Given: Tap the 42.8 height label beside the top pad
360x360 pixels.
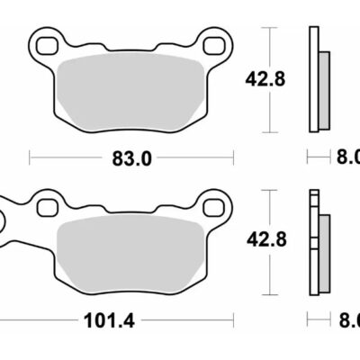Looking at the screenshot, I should tap(266, 78).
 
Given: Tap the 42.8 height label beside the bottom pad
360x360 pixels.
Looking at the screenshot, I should tap(266, 239).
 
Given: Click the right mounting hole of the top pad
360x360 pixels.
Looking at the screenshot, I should tap(213, 42).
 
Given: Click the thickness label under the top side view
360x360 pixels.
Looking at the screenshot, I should tap(347, 158).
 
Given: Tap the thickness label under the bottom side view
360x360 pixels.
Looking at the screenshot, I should tap(347, 319).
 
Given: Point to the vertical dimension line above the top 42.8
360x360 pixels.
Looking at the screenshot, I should tap(266, 45).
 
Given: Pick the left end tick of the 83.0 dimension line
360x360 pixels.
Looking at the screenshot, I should tap(31, 158).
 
